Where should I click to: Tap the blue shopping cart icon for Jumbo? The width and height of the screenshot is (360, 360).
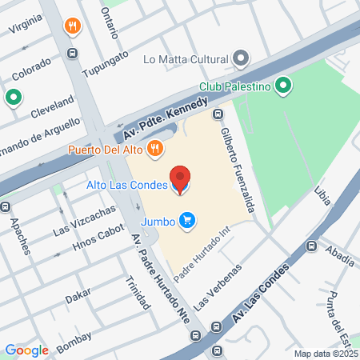click(187, 219)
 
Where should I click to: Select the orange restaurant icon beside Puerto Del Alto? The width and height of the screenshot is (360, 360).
click(155, 147)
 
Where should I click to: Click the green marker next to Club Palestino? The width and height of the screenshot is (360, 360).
click(282, 86)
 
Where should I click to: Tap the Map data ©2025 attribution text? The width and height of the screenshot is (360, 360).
click(323, 354)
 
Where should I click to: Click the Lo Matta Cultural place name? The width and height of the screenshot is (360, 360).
click(185, 58)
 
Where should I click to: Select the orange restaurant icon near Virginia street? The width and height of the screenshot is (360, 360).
click(74, 26)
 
